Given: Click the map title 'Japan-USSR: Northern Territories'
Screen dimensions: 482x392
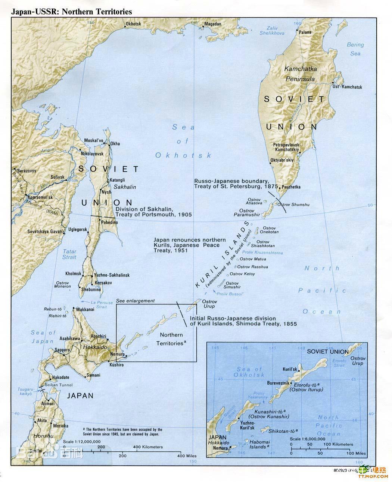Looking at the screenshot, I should pos(72,12).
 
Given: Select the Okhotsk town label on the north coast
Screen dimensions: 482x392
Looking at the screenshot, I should pos(133,24).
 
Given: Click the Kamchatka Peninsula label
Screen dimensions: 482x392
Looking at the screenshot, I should pos(300,74).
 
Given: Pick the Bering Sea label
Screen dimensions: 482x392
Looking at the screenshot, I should pos(355,49).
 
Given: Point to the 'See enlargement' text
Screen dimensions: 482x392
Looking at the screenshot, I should pos(135,301).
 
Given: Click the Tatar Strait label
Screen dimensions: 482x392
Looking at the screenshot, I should pos(69,254).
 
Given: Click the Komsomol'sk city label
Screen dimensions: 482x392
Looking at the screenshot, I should pos(39,197).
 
